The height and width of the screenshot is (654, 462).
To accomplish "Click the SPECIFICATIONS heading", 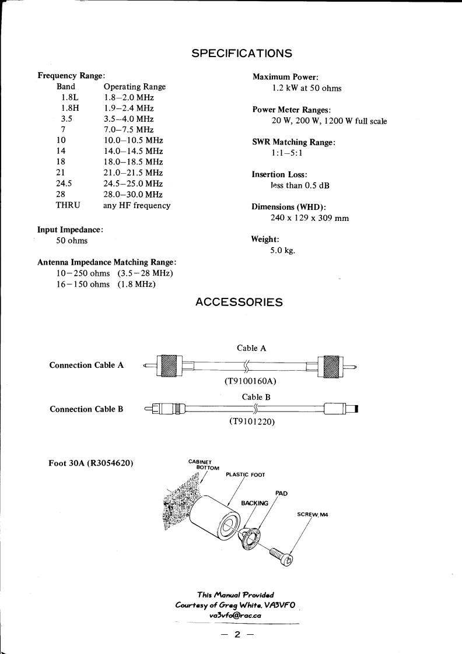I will (242, 54).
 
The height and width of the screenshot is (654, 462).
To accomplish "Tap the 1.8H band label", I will (71, 108).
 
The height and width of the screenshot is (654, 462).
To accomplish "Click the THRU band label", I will (68, 205).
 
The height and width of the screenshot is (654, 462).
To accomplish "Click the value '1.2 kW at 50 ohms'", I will (307, 89).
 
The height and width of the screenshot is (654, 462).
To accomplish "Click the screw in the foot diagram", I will (282, 554).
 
